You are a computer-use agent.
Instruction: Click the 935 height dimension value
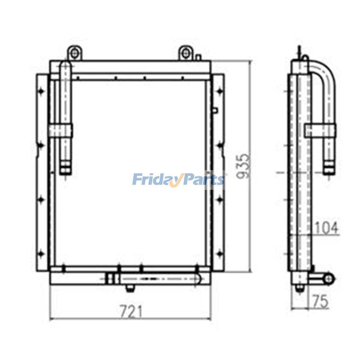pyautogui.click(x=243, y=166)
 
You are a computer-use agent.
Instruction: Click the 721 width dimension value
pyautogui.click(x=131, y=311)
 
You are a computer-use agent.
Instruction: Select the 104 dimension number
pyautogui.click(x=326, y=228)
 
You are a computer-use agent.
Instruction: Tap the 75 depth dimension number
pyautogui.click(x=320, y=301)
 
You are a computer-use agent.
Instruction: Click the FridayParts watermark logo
pyautogui.click(x=178, y=179)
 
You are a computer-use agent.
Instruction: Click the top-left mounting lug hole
pyautogui.click(x=74, y=54)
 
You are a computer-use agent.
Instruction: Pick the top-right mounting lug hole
pyautogui.click(x=186, y=54)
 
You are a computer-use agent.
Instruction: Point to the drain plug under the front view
pyautogui.click(x=131, y=288)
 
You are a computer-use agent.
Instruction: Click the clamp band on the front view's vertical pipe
pyautogui.click(x=61, y=130)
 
